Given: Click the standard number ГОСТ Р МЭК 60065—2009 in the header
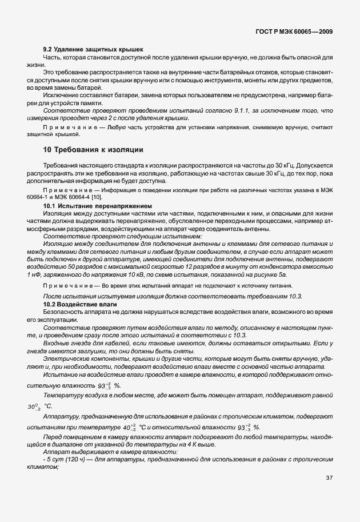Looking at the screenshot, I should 301,28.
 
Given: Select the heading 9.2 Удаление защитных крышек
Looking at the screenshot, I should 93,50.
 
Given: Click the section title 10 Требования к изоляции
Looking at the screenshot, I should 93,150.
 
